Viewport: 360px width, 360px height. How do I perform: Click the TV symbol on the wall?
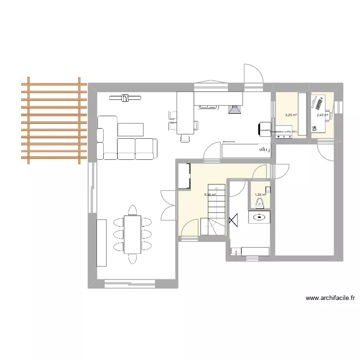click(x=125, y=98)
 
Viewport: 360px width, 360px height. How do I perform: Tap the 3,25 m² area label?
click(x=291, y=115)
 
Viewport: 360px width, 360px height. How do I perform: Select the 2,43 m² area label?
click(x=322, y=115)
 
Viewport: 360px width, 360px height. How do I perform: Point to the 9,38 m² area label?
click(x=210, y=194)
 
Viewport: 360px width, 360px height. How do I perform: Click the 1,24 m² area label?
click(x=260, y=194)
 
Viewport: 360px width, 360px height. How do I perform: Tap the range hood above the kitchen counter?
click(x=235, y=110)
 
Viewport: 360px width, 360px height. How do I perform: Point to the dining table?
click(x=132, y=234)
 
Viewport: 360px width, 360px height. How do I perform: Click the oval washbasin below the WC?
click(x=260, y=217)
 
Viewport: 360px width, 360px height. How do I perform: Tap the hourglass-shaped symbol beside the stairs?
click(x=234, y=220)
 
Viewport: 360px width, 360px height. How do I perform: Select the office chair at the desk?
click(x=315, y=128)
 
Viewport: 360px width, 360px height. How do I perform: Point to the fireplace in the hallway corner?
click(x=184, y=176)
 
